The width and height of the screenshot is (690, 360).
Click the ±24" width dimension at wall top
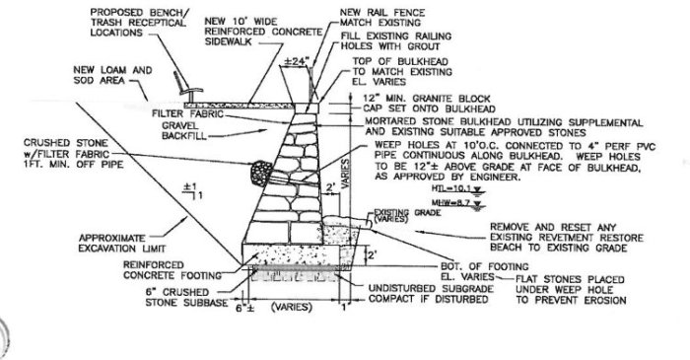pos(295,61)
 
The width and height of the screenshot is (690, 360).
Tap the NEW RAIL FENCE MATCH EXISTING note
pos(378,16)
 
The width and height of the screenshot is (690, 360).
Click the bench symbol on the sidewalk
pos(178,87)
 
